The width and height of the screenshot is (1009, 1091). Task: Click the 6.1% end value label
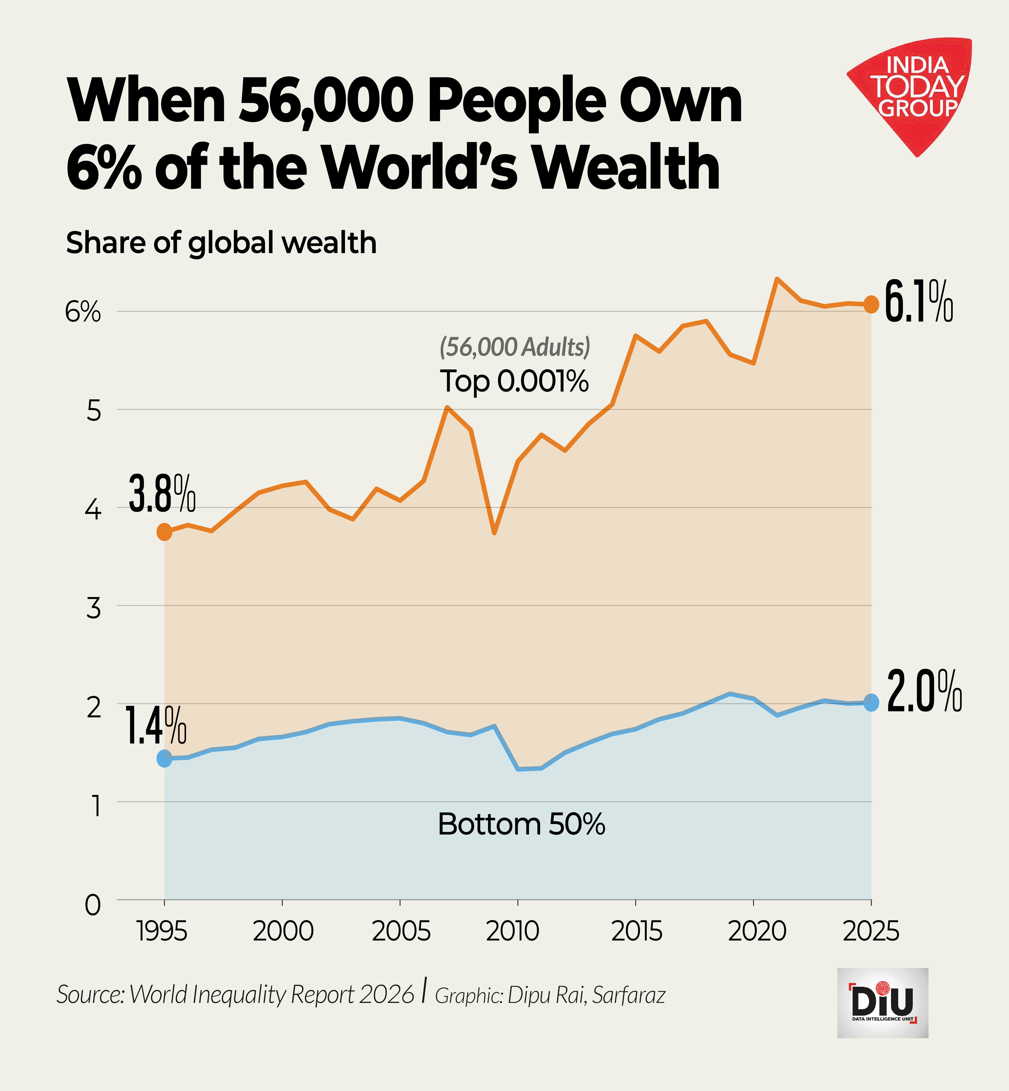pyautogui.click(x=918, y=302)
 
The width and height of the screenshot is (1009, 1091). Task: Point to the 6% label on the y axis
pyautogui.click(x=83, y=312)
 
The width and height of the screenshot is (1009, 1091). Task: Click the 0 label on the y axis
pyautogui.click(x=93, y=905)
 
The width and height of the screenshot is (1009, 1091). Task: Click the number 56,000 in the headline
pyautogui.click(x=326, y=101)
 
